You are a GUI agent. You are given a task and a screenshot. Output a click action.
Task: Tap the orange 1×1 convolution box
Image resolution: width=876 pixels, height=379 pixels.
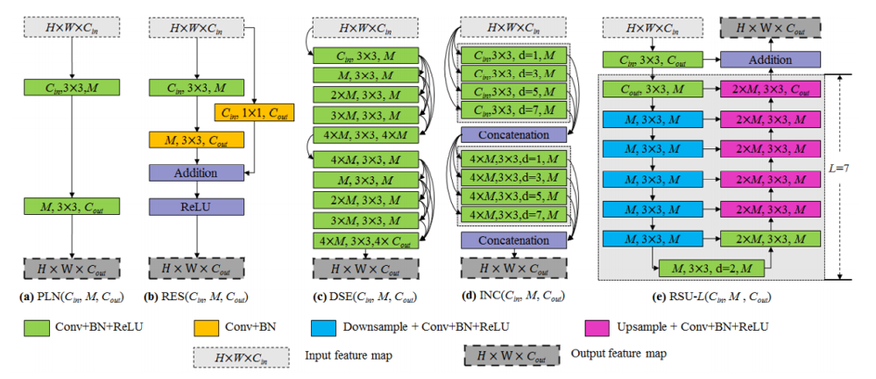click(x=254, y=112)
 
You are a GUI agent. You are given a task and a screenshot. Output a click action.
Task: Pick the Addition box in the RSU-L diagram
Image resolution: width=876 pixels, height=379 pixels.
click(x=768, y=61)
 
